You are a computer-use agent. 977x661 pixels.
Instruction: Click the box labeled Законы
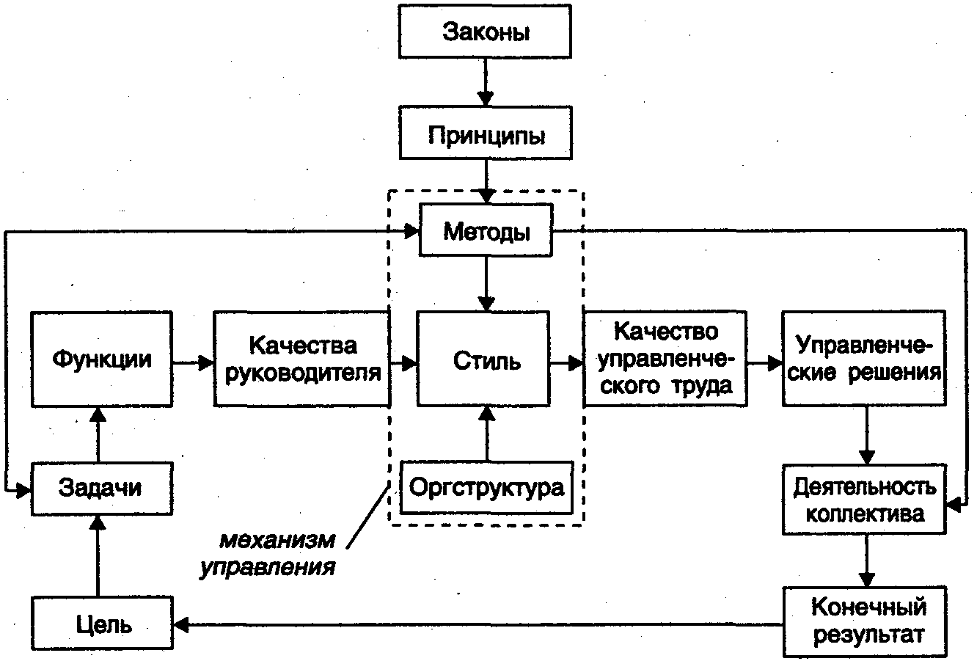coord(486,33)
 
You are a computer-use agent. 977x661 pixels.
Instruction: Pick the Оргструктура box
coord(486,487)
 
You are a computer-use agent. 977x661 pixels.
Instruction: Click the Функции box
coord(102,359)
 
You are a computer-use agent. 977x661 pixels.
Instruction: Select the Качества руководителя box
coord(301,359)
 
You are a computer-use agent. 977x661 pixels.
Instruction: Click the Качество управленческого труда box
coord(665,359)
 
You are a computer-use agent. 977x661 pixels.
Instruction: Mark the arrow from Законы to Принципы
coord(486,82)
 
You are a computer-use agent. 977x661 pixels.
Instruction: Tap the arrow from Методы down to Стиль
coord(486,283)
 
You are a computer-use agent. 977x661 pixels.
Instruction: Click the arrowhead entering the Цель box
coord(181,625)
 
